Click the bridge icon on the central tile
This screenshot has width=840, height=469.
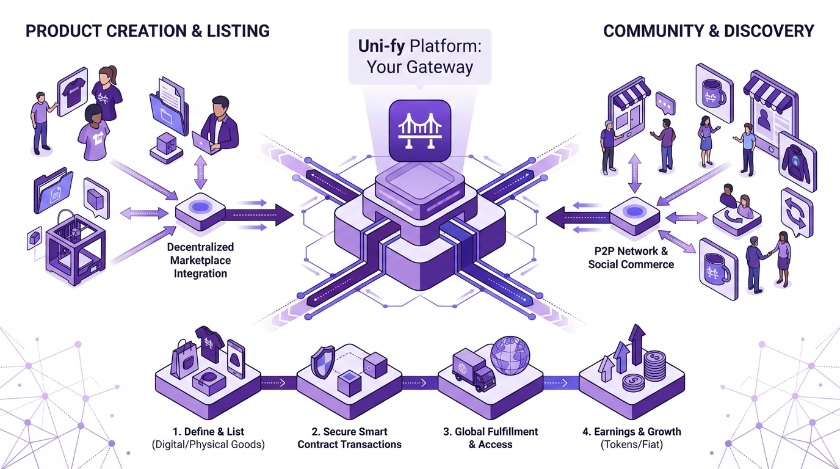419,129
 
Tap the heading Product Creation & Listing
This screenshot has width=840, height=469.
147,31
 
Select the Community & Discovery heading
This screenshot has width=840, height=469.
708,31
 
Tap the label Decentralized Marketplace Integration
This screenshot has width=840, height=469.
200,260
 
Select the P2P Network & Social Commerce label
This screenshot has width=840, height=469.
631,258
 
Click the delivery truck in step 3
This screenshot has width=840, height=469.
474,371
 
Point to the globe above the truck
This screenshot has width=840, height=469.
510,355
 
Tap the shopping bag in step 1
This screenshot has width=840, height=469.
184,360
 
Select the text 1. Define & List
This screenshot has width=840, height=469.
208,431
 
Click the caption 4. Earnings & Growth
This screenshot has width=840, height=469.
632,431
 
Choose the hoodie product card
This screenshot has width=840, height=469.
797,161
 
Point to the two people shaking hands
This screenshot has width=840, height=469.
768,259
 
